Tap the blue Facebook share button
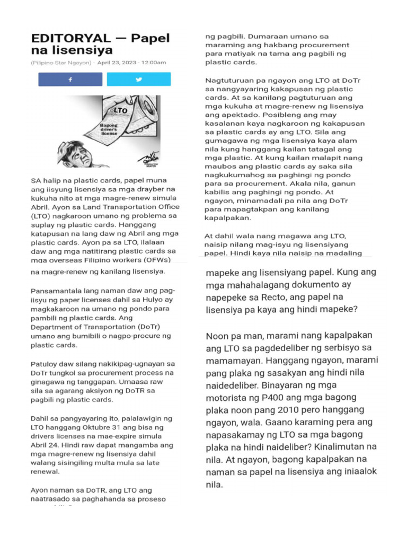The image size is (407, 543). click(x=70, y=80)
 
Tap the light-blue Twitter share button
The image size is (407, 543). click(x=138, y=80)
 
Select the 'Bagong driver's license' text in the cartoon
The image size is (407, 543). click(x=110, y=128)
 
